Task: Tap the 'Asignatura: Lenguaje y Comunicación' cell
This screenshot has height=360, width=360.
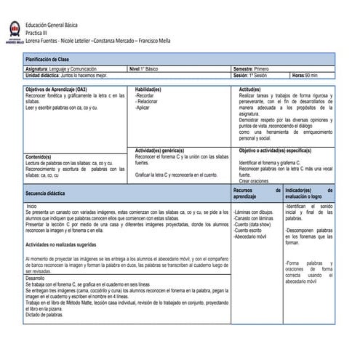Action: pos(65,68)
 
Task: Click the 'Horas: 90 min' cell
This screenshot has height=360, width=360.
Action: pos(305,75)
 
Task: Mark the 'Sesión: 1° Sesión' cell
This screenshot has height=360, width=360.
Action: pos(250,75)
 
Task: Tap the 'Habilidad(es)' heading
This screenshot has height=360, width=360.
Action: pos(148,89)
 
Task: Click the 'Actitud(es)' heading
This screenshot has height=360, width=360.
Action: pos(250,89)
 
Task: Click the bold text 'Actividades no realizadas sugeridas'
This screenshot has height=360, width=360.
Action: pos(67,245)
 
